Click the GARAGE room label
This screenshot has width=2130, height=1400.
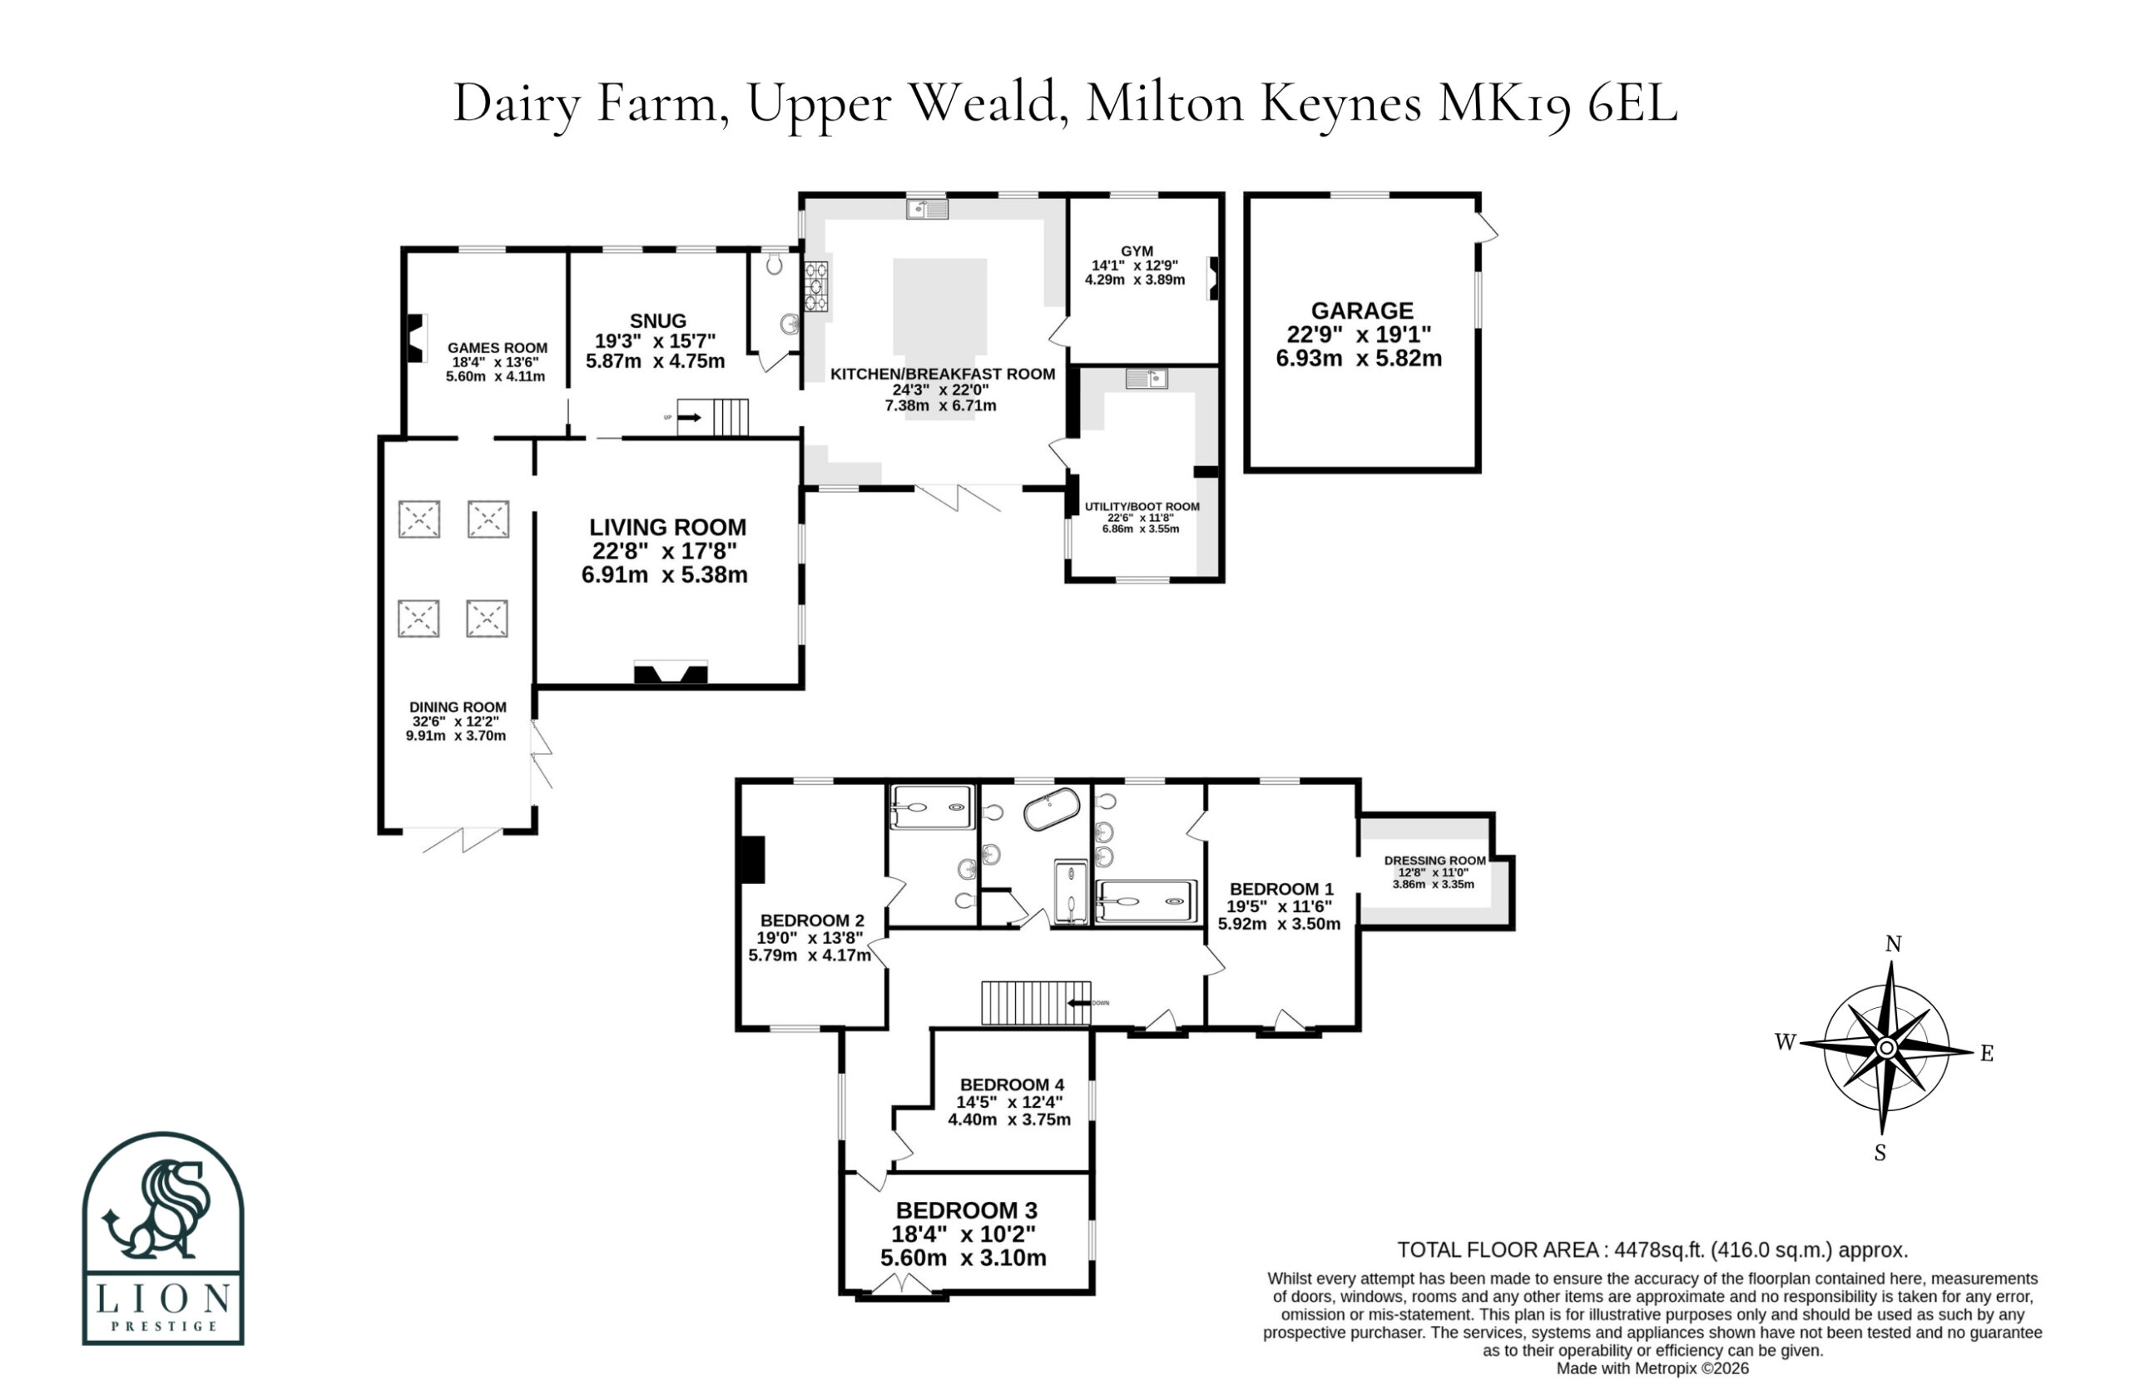[1362, 310]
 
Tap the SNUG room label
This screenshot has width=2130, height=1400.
[658, 320]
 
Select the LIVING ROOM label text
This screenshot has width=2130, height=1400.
[667, 527]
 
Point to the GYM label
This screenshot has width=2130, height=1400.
[1137, 251]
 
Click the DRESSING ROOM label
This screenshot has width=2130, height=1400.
[1434, 861]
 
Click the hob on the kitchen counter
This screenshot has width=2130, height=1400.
[816, 285]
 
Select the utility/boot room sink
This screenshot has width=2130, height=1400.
[1147, 379]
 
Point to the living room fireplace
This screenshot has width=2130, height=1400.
[671, 673]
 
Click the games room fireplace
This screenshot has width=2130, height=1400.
[416, 337]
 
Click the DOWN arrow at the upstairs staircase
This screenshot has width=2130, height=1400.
[1079, 1003]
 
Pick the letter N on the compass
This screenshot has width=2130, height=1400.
[1893, 944]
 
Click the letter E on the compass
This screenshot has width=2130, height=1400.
[1987, 1054]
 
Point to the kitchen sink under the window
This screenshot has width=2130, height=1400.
[927, 210]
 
